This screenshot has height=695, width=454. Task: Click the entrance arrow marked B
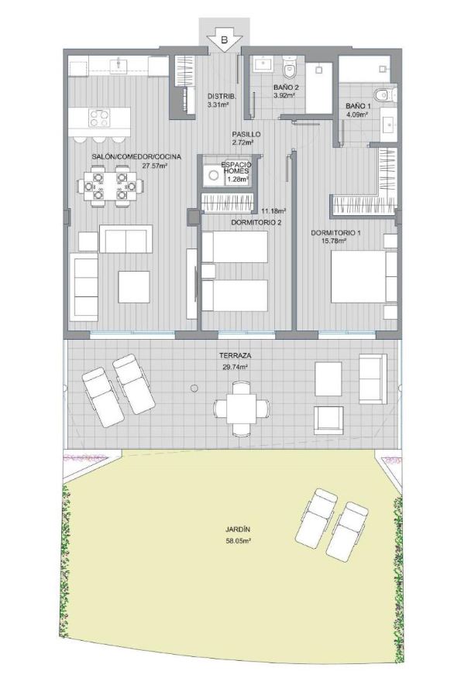(x=224, y=41)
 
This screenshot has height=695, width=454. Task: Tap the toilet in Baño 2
(x=289, y=67)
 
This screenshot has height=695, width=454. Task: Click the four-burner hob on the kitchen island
(x=99, y=118)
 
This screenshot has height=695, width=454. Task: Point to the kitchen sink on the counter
(x=119, y=65)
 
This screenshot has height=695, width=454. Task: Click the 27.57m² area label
(x=154, y=166)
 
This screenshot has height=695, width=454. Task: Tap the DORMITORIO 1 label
(x=335, y=233)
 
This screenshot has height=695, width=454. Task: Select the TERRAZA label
(x=236, y=355)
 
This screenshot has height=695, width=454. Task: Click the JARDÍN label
(x=238, y=529)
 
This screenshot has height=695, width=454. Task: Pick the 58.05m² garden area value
(x=239, y=541)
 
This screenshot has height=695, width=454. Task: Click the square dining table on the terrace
(x=242, y=408)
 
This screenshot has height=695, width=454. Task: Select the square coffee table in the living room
(x=134, y=287)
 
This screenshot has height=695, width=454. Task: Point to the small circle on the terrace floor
(x=194, y=389)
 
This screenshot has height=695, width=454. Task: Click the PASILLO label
(x=246, y=135)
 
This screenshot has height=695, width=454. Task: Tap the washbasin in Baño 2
(x=263, y=64)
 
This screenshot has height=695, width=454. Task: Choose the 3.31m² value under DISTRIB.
(x=218, y=105)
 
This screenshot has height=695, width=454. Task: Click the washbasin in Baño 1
(x=389, y=124)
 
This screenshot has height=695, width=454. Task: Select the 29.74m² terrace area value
(x=235, y=367)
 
